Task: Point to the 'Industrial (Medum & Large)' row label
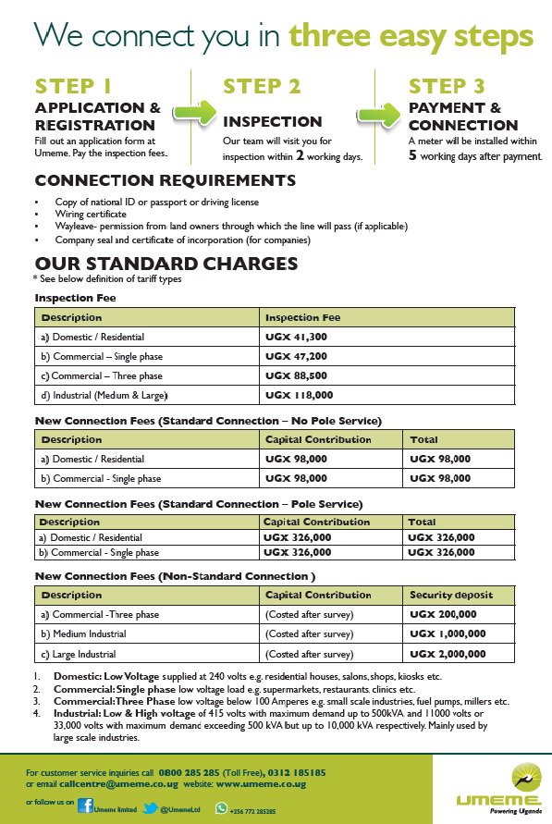(98, 395)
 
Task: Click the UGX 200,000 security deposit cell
(445, 614)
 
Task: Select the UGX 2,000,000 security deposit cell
(448, 654)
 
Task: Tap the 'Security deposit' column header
(451, 595)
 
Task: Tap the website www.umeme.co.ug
(261, 783)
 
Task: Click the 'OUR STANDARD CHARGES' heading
(166, 264)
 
